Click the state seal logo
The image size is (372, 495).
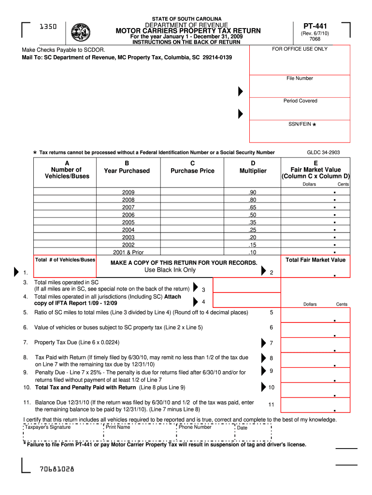tap(80, 33)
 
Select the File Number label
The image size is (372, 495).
tap(300, 78)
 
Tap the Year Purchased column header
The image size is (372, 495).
tap(127, 171)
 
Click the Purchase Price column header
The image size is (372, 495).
tap(192, 171)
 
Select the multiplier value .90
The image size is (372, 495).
tap(252, 192)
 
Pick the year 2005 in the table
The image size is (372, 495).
tap(128, 222)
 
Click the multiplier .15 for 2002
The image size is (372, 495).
tap(252, 245)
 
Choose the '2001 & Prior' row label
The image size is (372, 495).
tap(128, 252)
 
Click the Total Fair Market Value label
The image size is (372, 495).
tap(315, 260)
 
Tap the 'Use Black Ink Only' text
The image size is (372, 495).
tap(170, 270)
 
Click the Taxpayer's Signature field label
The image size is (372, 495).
tap(48, 427)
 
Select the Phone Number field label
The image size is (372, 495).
tap(195, 427)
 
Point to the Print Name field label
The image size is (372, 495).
tap(118, 427)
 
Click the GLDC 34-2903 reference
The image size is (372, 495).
tap(323, 153)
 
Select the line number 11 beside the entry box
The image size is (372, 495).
tap(271, 405)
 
